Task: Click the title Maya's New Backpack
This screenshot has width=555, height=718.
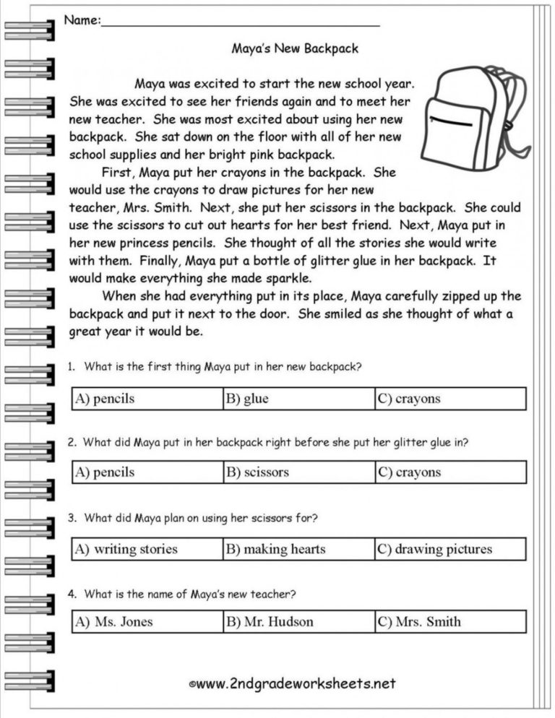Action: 294,49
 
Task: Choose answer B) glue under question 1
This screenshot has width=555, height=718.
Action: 247,399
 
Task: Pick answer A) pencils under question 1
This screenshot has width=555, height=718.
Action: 105,399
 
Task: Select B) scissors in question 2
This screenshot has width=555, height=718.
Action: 257,472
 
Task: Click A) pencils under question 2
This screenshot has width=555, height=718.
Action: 105,472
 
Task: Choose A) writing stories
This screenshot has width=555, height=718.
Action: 126,549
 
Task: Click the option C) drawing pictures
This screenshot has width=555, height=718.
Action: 434,549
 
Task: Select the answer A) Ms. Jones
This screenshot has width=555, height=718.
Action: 114,621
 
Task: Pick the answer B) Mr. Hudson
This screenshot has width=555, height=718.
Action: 270,621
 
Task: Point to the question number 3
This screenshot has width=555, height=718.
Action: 72,518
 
